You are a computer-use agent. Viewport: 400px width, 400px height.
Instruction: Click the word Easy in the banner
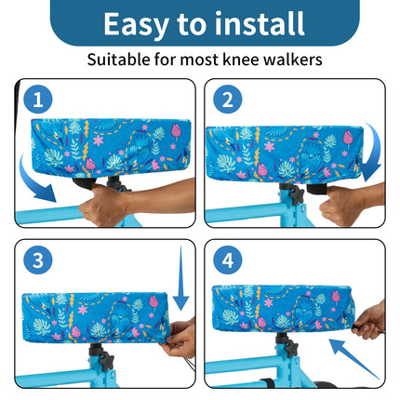137,25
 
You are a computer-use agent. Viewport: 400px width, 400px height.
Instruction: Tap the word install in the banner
260,23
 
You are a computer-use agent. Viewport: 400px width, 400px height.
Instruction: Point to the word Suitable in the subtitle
119,59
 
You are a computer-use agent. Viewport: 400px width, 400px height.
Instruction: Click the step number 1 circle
38,100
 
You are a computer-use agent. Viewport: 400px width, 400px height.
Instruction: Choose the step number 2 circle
228,100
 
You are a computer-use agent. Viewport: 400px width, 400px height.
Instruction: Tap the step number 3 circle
38,260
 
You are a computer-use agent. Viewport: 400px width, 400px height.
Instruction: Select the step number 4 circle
228,260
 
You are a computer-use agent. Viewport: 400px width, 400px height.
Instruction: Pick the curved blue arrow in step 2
376,152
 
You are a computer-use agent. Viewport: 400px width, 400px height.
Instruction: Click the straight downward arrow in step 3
180,279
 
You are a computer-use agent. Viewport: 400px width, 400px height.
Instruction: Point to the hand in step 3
179,340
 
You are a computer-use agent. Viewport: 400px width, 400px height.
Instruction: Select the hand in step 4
369,323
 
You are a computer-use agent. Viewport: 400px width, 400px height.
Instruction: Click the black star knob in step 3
107,361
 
